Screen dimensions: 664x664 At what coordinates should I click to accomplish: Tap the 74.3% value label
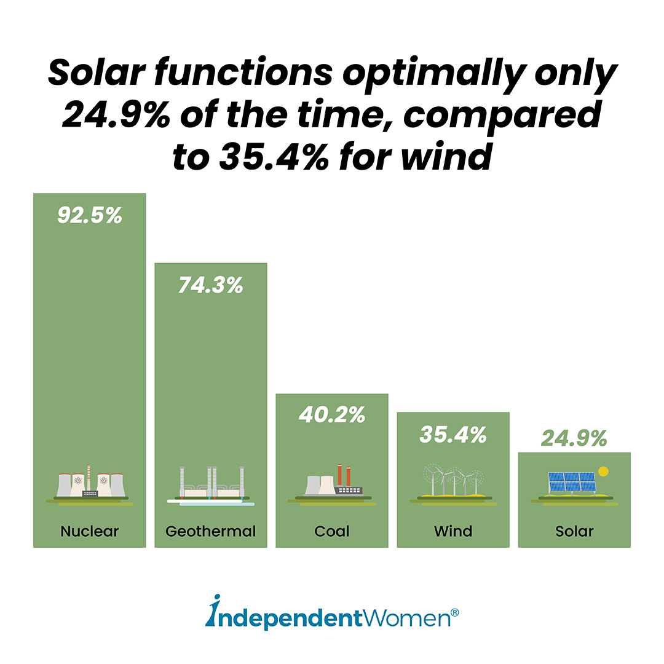pyautogui.click(x=211, y=285)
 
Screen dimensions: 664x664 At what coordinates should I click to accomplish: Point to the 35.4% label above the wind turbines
pyautogui.click(x=453, y=434)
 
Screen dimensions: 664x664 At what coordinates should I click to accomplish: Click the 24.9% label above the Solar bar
pyautogui.click(x=574, y=438)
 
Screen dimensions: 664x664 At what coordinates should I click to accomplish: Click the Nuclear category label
pyautogui.click(x=90, y=531)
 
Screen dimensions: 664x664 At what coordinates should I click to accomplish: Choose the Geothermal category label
pyautogui.click(x=211, y=531)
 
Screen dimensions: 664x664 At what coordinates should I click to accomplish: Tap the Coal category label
pyautogui.click(x=332, y=531)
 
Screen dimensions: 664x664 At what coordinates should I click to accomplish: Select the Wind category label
pyautogui.click(x=453, y=531)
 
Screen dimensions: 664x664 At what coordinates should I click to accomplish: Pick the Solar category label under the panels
pyautogui.click(x=574, y=531)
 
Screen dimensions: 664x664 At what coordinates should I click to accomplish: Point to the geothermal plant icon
pyautogui.click(x=211, y=486)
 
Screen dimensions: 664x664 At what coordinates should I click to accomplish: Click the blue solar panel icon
pyautogui.click(x=571, y=482)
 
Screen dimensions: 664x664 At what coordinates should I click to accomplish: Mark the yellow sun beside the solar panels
pyautogui.click(x=603, y=472)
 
